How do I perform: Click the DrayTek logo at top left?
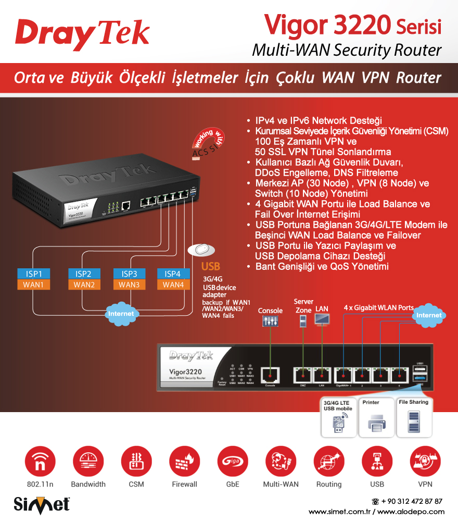[x=82, y=33]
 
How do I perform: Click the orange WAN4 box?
[x=173, y=284]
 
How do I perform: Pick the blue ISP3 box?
[x=129, y=274]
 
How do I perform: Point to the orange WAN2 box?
[x=84, y=284]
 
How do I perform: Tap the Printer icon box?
[x=376, y=417]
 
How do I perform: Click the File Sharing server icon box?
[x=414, y=417]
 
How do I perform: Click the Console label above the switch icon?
[x=270, y=311]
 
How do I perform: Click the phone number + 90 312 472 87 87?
[x=411, y=501]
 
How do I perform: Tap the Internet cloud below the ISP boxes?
[x=121, y=313]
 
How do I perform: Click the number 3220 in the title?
[x=361, y=23]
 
